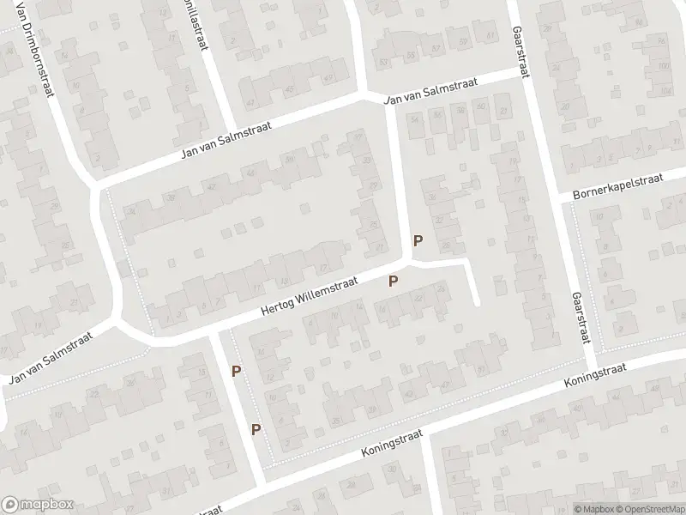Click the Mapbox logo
pos(38,505)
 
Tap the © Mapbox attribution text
pos(591,508)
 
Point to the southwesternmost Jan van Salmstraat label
pos(50,360)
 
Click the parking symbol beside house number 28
pos(418,242)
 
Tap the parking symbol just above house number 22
pos(394,281)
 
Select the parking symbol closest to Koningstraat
pos(255,428)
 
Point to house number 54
pos(417,119)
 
